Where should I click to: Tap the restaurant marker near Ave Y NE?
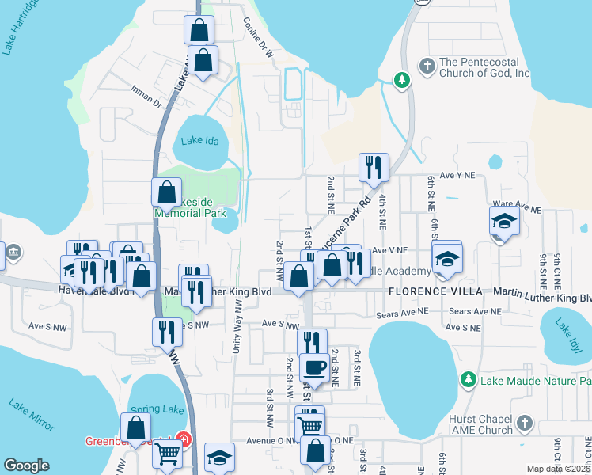click(374, 167)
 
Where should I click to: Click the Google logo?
click(26, 465)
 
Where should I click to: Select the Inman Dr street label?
click(146, 97)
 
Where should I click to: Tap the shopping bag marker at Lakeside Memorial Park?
click(167, 192)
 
